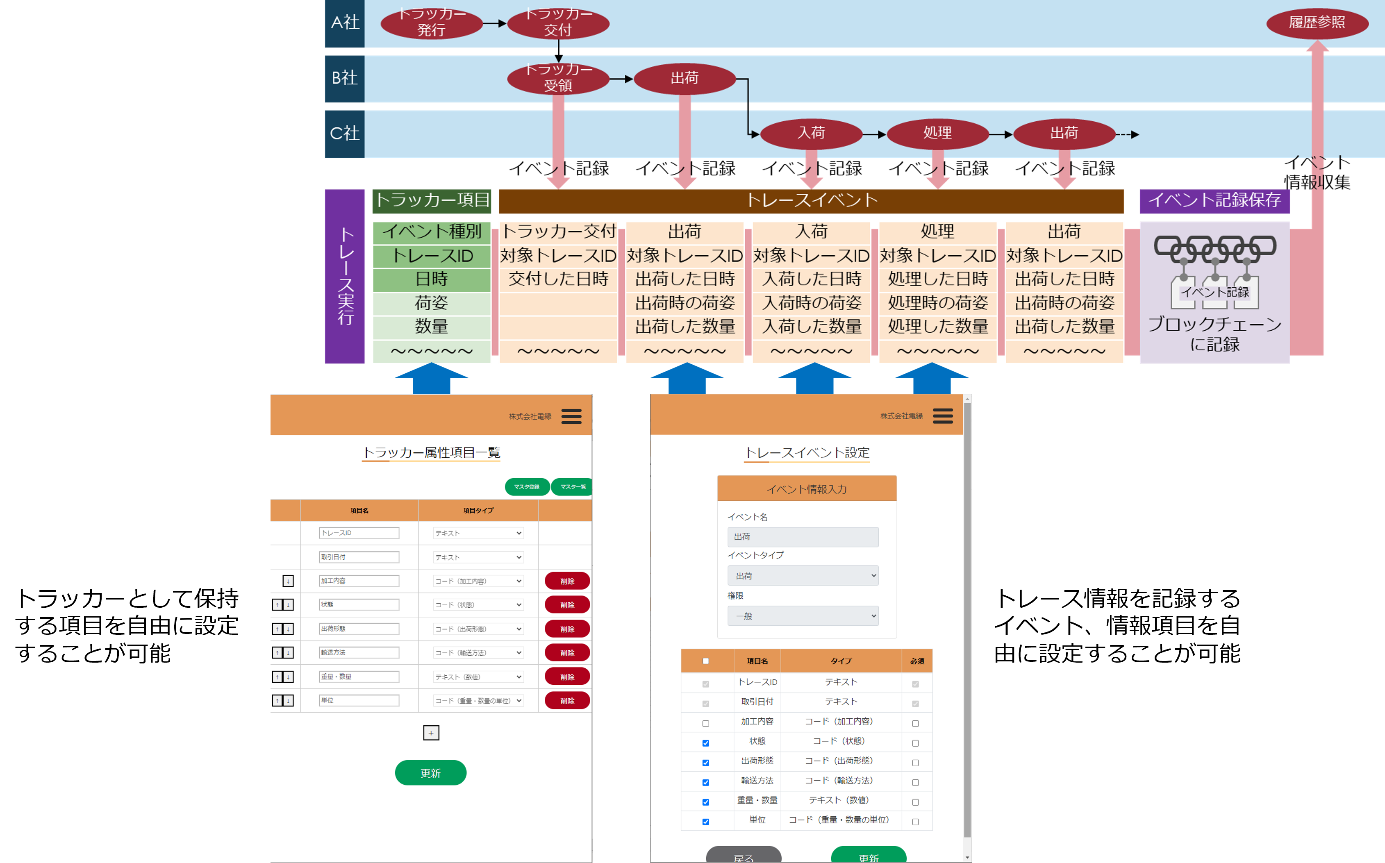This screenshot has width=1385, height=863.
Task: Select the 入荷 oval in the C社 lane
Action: pos(811,133)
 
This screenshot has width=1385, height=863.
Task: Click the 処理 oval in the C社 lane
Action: pos(937,133)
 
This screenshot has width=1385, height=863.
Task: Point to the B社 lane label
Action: pos(344,78)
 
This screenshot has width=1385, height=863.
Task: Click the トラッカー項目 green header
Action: pos(432,200)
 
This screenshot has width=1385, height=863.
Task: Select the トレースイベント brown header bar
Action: pos(811,200)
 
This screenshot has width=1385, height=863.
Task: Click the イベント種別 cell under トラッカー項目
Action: pos(432,232)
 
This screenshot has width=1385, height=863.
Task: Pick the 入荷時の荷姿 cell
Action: pos(811,302)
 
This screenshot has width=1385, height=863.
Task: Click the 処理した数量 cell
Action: pos(937,327)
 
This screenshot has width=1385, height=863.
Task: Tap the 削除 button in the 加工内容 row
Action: pos(567,581)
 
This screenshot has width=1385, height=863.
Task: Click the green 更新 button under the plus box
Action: pos(430,773)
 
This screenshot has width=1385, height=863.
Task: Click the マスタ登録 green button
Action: pos(526,487)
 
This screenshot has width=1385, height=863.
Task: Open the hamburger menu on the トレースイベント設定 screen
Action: pos(943,416)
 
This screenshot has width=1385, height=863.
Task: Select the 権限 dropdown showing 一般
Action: pos(803,616)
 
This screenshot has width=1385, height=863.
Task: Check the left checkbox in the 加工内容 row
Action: pos(706,723)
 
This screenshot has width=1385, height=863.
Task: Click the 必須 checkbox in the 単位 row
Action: pos(915,822)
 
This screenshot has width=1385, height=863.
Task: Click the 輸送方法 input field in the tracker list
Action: pos(359,652)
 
